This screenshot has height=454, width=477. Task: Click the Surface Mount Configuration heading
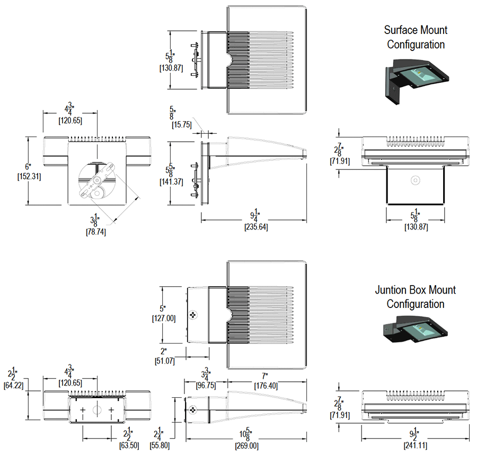point(416,37)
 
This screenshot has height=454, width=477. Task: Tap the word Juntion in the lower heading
point(393,290)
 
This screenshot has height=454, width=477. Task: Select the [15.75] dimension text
point(184,125)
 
